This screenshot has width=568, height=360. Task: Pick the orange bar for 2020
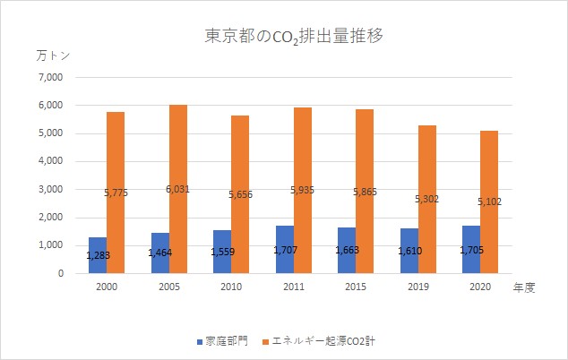tap(489, 201)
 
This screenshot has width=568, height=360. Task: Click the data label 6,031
tap(178, 189)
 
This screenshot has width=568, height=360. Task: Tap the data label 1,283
tap(98, 255)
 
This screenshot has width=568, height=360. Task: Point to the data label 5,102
tap(489, 202)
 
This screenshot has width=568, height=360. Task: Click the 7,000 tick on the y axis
tap(49, 77)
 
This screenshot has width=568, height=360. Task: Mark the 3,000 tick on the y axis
tap(49, 189)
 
